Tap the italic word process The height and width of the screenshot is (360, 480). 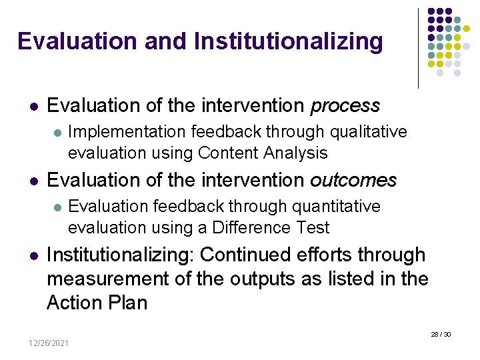[345, 106]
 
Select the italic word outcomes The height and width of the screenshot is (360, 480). [353, 181]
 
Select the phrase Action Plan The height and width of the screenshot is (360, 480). [97, 303]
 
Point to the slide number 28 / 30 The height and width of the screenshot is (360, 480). [441, 333]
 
